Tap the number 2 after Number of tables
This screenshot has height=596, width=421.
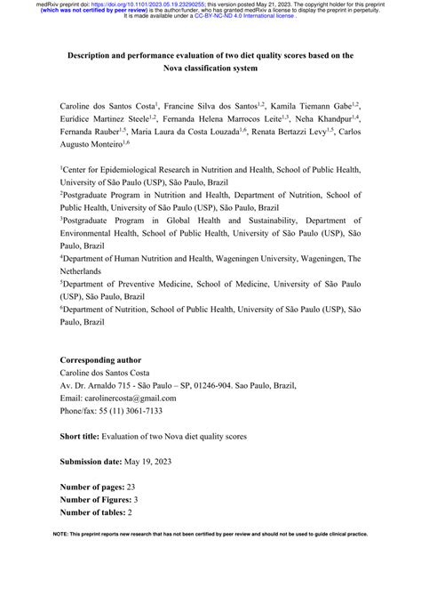tap(129, 513)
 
